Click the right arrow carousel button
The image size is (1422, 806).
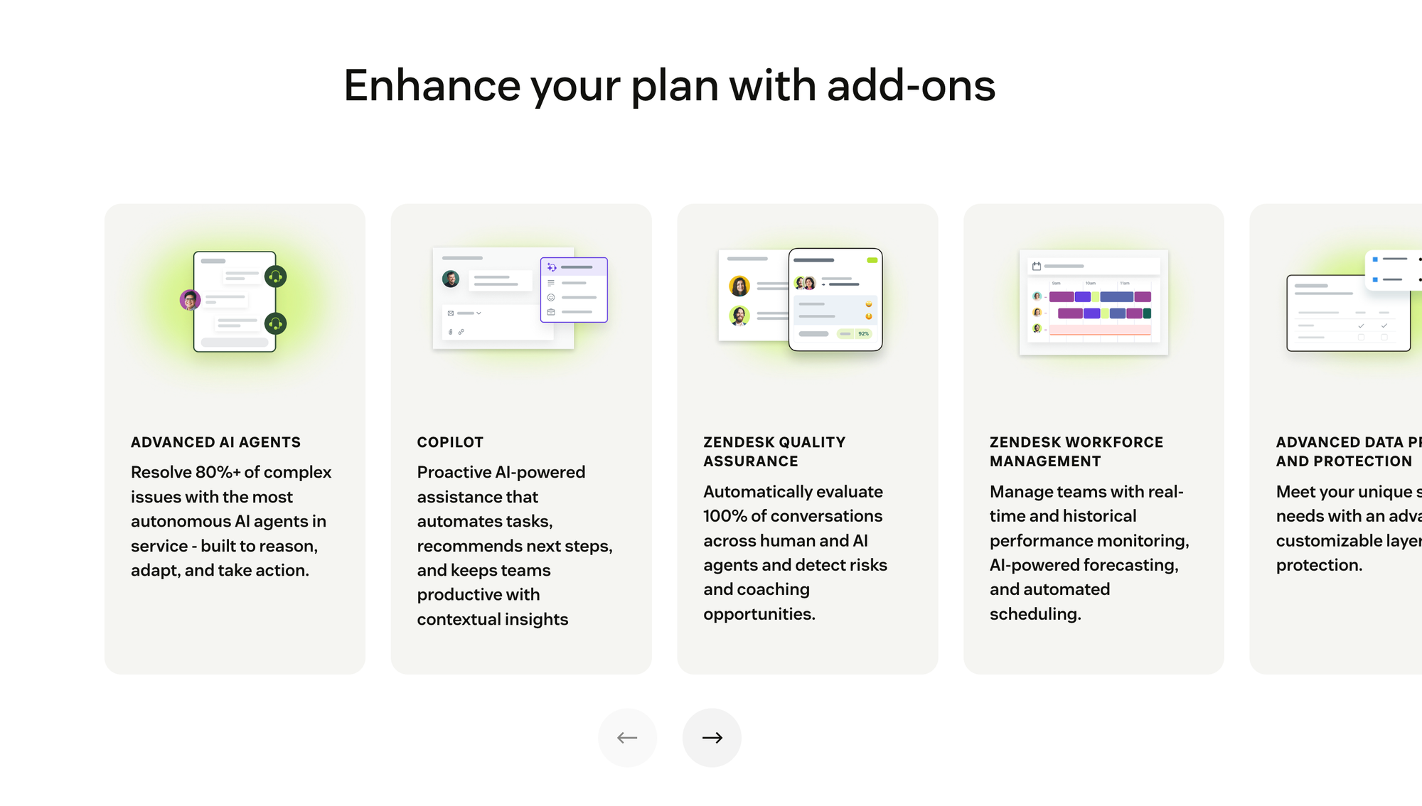point(712,738)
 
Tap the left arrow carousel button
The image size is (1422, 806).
point(627,738)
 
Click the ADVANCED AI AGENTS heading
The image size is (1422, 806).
point(215,442)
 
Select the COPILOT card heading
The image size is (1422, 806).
point(450,442)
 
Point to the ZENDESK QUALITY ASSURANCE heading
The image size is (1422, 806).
point(774,451)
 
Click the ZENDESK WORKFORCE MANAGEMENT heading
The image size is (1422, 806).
point(1076,451)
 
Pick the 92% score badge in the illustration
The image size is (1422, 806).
point(863,333)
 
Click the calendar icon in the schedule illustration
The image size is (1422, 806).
point(1037,267)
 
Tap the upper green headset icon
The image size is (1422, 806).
point(275,276)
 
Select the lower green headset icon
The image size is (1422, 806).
point(275,324)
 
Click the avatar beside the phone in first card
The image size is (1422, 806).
point(190,300)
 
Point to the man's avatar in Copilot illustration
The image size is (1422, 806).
point(451,279)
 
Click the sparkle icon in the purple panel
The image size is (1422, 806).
point(552,267)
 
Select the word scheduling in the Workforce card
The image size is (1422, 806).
point(1035,614)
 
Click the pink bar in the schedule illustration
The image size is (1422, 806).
point(1100,330)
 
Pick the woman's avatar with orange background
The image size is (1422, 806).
point(739,286)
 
